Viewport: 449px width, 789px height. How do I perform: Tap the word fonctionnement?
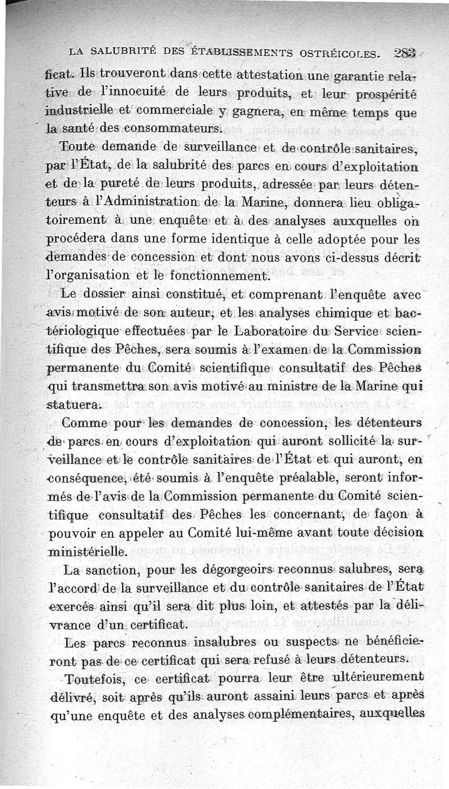pos(220,276)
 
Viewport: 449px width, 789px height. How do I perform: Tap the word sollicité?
pos(337,441)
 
